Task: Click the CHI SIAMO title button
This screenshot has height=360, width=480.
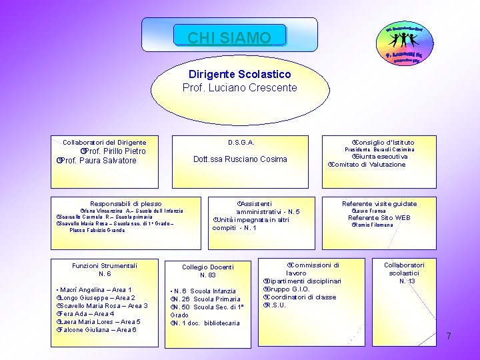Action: (229, 37)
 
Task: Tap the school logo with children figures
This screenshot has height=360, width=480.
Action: (407, 45)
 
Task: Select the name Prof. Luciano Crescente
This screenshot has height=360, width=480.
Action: (239, 87)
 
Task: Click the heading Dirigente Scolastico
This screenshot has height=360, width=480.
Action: (239, 74)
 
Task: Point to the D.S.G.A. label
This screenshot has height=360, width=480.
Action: (241, 142)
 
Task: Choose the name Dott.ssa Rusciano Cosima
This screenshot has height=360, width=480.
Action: (240, 159)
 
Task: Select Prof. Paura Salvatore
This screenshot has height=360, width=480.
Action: (99, 161)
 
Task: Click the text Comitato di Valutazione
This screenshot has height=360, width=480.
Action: (368, 165)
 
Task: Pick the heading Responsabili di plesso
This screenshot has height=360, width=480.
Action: (125, 203)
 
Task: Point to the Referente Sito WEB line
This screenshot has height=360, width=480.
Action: (379, 217)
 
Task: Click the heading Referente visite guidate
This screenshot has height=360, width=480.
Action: (379, 203)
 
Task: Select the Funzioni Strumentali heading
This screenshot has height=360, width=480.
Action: (105, 265)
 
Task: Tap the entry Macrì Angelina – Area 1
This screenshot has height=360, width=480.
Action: (97, 290)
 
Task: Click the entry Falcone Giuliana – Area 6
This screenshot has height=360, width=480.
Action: (99, 329)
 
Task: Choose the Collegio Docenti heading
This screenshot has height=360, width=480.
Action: (208, 267)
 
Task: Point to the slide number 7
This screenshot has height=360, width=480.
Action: (449, 336)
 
